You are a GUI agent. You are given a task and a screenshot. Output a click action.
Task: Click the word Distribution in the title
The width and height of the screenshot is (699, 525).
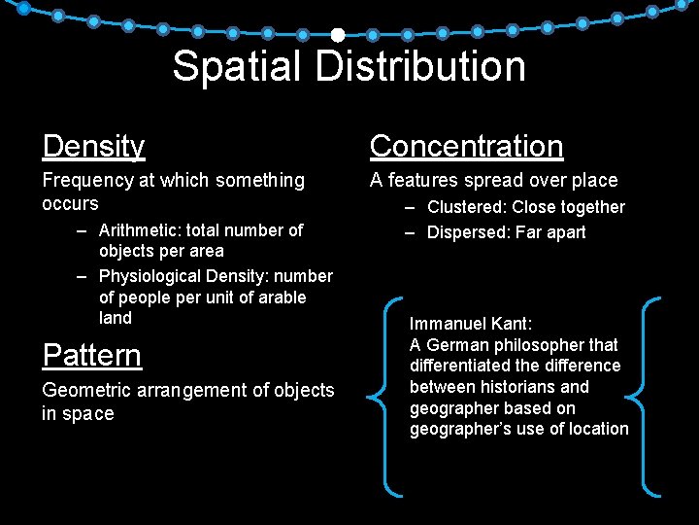point(420,67)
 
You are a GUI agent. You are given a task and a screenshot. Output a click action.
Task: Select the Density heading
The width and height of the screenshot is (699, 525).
point(93,147)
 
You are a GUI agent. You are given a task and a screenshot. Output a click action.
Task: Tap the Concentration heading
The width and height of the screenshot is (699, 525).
point(466,147)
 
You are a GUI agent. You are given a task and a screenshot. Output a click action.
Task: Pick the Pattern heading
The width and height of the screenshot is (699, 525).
point(91,356)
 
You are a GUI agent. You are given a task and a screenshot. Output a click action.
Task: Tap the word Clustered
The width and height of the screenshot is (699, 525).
point(466,207)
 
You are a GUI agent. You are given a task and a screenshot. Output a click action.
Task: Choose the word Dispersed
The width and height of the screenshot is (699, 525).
point(468,232)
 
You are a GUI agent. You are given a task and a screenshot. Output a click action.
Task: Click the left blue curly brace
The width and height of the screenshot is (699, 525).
point(383,397)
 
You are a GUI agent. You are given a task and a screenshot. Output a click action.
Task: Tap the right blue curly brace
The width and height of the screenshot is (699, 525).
point(645,397)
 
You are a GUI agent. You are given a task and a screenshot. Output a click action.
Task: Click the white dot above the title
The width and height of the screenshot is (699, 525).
point(337,35)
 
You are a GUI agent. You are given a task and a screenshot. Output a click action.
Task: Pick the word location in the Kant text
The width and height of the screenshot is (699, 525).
point(596,429)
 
